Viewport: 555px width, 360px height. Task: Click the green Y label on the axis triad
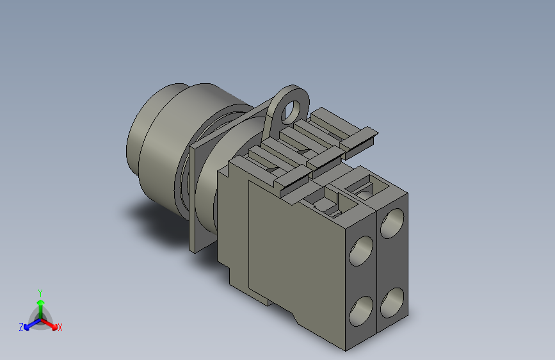[x=40, y=293]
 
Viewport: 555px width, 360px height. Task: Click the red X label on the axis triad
[x=60, y=327]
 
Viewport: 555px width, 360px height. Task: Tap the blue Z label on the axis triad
[x=21, y=327]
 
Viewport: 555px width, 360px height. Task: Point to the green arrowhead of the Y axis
[x=41, y=303]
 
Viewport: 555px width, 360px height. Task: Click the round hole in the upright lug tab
[x=293, y=110]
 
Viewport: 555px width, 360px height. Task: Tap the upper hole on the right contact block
[x=392, y=223]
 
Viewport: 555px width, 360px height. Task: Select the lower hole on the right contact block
[x=392, y=302]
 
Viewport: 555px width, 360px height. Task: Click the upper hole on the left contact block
[x=361, y=251]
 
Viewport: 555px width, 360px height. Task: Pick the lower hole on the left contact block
[x=361, y=311]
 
